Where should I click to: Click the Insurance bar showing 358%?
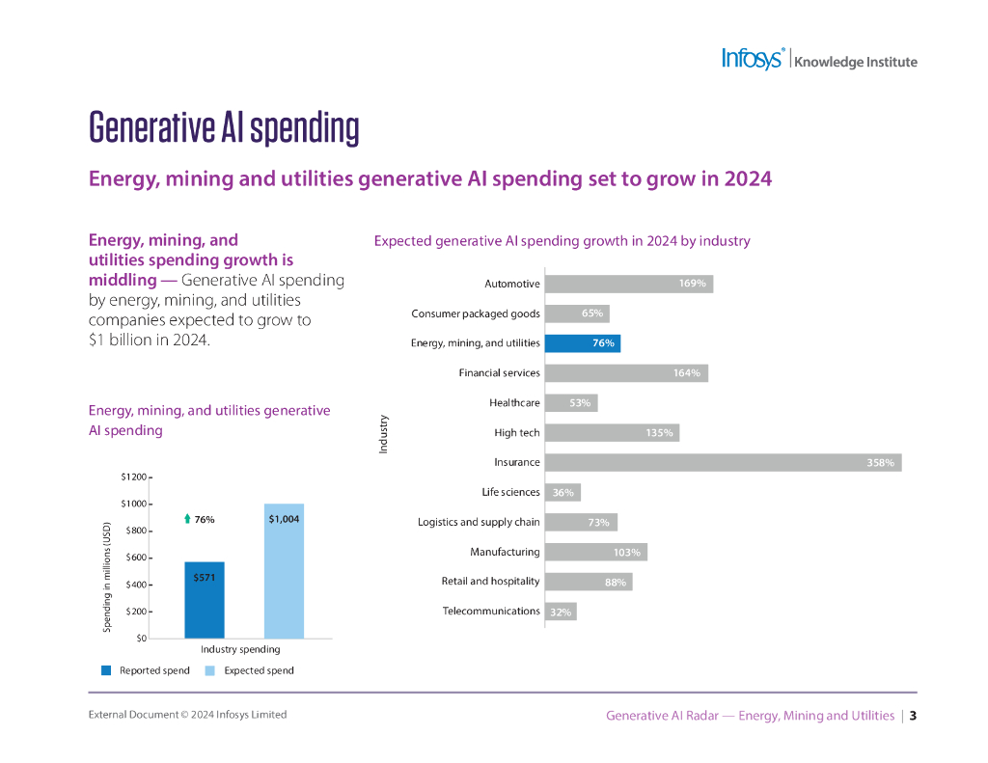coord(723,463)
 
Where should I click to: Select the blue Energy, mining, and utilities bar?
coord(582,343)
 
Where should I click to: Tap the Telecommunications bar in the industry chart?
coord(561,612)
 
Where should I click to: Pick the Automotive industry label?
coord(511,285)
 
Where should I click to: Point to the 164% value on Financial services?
coord(686,373)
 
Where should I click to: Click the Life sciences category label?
coord(510,493)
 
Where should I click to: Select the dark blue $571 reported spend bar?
coord(204,600)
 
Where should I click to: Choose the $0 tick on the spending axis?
coord(140,639)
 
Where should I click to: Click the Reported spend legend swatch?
coord(106,670)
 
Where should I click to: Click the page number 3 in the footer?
coord(913,716)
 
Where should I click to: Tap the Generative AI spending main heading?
coord(224,127)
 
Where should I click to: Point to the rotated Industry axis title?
coord(383,434)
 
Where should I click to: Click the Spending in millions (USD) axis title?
coord(107,578)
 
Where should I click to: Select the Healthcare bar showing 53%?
coord(570,403)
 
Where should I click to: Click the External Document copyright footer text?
coord(187,715)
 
